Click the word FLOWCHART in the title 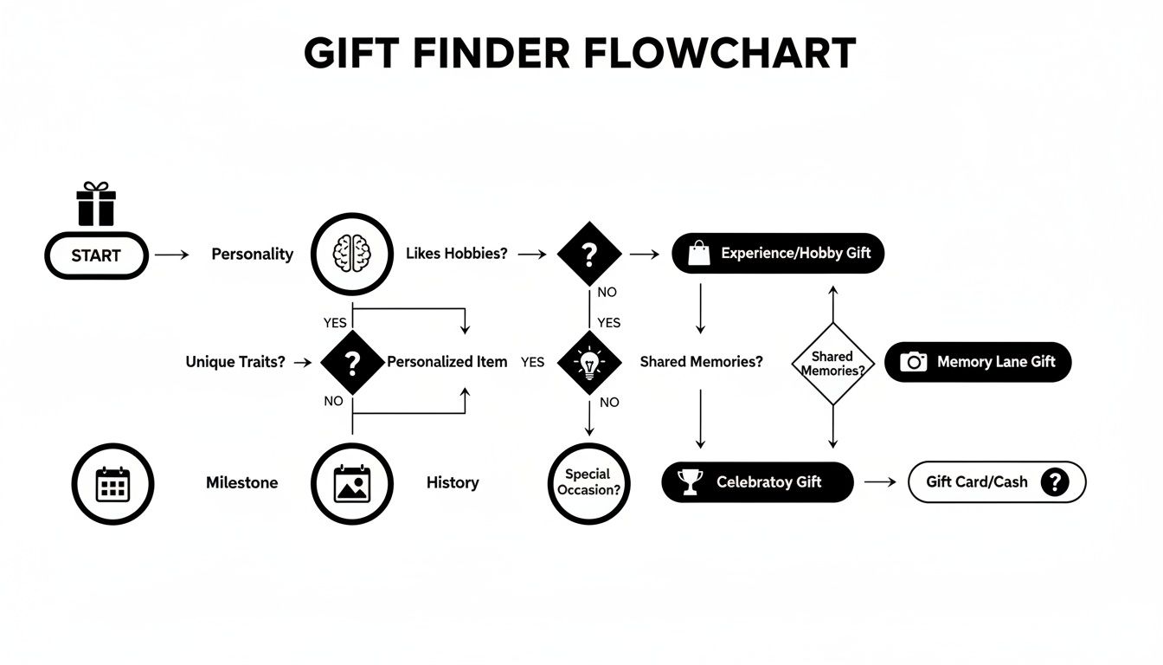720,55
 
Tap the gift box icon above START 95,204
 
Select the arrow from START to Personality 171,255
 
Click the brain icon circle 351,255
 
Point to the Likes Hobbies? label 456,254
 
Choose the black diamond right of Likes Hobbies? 589,255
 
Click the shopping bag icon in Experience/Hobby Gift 698,254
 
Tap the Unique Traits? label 235,362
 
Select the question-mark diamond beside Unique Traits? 351,363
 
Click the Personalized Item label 447,362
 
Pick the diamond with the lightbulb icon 589,363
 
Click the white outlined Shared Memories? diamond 832,364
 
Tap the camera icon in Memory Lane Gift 913,362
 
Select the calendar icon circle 112,483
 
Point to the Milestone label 241,483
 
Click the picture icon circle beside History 351,483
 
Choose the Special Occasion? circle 588,483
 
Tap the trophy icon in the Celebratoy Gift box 690,482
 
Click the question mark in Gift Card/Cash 1054,482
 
